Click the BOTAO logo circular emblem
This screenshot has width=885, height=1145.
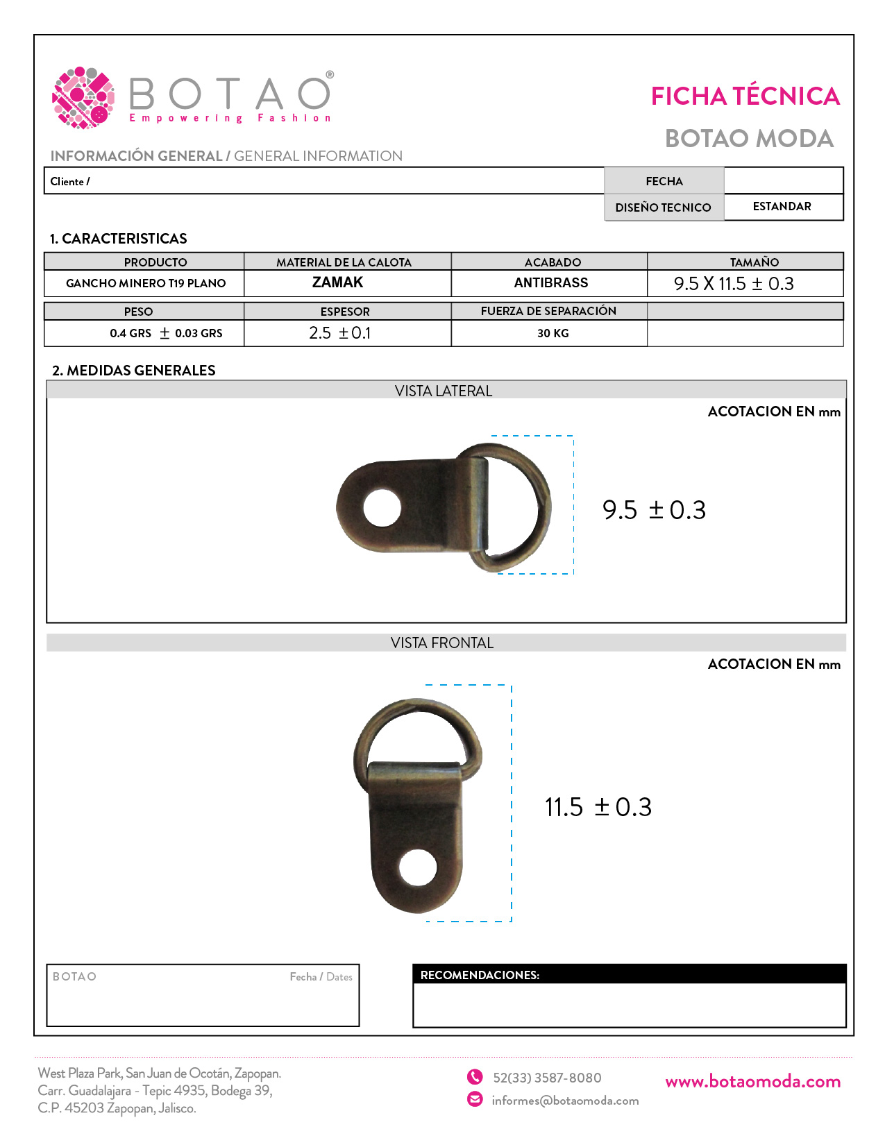pos(83,98)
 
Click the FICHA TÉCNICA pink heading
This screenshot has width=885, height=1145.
pos(745,96)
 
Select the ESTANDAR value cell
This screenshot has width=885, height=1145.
pos(782,207)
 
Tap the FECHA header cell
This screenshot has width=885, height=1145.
pos(664,181)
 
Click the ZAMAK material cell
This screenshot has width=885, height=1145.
pos(338,282)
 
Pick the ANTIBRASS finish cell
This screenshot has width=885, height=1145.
pos(551,283)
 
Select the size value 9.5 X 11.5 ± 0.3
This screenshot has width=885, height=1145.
pos(734,284)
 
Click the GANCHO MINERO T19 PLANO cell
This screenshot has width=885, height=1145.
pos(146,283)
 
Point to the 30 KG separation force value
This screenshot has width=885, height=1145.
pos(553,334)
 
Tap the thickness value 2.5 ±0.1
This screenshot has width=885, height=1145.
pos(340,333)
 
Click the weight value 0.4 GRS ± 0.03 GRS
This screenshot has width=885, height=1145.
pos(166,334)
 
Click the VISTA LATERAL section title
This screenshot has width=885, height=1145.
pos(444,391)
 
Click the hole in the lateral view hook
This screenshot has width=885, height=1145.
pos(382,508)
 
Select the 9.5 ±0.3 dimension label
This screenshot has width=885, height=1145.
pos(654,510)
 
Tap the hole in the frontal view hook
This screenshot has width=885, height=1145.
pos(418,867)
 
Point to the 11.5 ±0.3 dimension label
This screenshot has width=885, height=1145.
pos(598,807)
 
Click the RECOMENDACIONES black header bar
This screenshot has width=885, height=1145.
pos(629,975)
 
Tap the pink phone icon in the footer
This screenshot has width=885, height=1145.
pos(475,1077)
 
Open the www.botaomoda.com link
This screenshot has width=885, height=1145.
pos(752,1082)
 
